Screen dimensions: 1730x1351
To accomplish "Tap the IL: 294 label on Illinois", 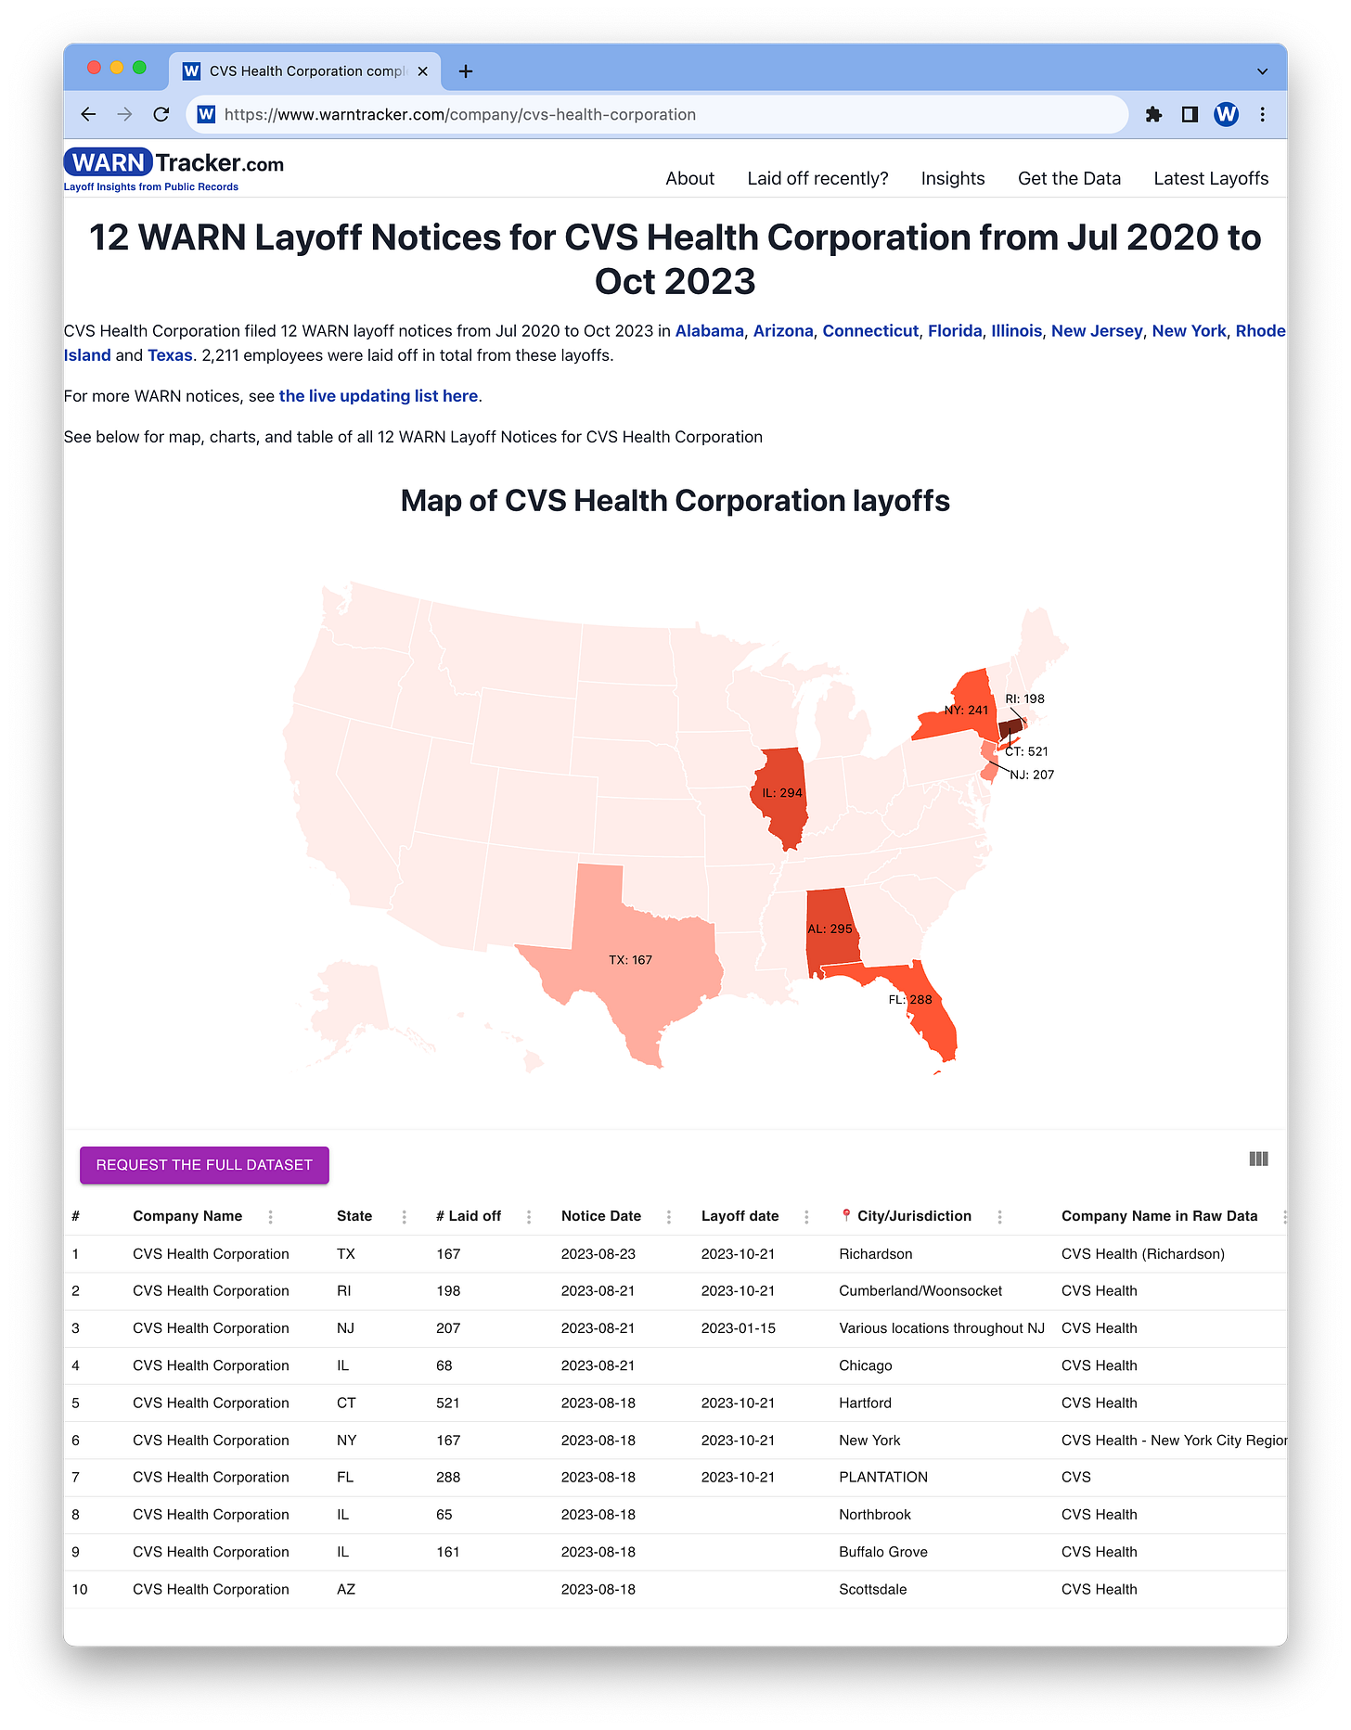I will click(x=781, y=793).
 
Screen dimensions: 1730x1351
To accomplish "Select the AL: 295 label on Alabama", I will click(x=829, y=929).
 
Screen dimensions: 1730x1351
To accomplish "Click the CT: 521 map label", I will click(x=1026, y=751).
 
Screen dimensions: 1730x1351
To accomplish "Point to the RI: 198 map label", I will click(x=1024, y=698).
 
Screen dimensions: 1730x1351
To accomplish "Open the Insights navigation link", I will click(x=952, y=178).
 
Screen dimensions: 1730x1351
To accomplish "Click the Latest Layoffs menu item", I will click(x=1210, y=178).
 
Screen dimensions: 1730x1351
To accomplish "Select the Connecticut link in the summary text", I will click(x=869, y=331).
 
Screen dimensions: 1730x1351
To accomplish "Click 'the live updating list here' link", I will click(x=378, y=396).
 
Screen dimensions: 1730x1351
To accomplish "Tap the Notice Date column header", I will click(x=600, y=1216).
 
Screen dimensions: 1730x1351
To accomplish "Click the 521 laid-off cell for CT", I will click(x=447, y=1403).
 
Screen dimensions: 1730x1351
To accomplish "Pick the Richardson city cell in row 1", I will click(x=875, y=1254).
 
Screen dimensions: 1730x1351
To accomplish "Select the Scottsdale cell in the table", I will click(x=872, y=1589).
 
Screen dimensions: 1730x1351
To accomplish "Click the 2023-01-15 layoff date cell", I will click(x=738, y=1328).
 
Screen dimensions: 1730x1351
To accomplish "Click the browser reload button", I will click(x=161, y=114).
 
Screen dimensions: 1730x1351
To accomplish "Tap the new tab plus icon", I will click(x=466, y=71).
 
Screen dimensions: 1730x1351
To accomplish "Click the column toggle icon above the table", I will click(x=1258, y=1159).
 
